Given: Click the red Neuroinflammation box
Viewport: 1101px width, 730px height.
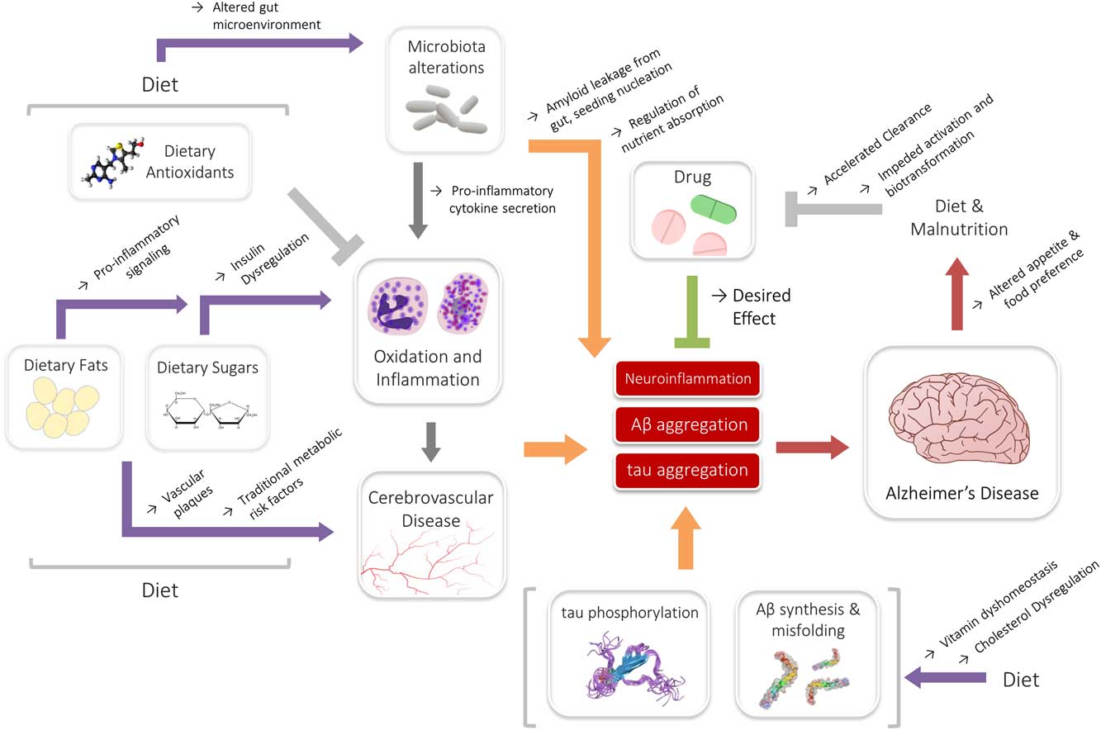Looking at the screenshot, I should [687, 379].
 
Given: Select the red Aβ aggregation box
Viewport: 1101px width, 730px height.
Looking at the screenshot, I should [687, 424].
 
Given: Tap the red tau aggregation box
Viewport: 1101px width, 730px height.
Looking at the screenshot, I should [687, 470].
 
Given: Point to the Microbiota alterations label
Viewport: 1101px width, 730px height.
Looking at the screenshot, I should [446, 56].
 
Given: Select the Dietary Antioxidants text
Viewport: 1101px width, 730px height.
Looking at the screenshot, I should [188, 162].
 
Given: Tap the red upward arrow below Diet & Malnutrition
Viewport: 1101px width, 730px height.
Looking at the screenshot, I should [959, 292].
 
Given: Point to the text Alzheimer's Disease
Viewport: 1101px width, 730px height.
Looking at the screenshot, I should [961, 494].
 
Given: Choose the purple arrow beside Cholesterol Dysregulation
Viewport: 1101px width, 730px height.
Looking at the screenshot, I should [946, 678].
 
